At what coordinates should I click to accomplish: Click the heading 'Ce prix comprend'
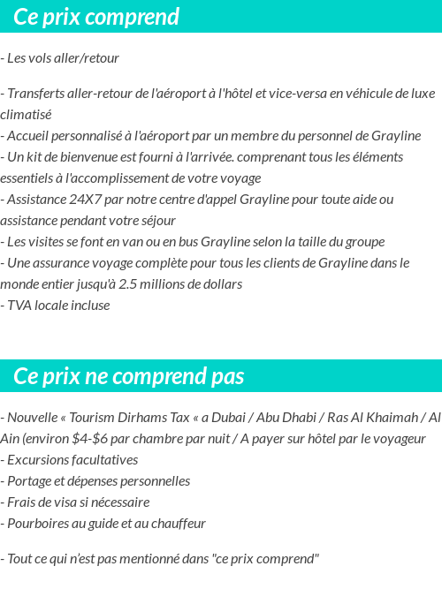click(96, 17)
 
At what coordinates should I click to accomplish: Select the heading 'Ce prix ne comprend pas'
click(129, 377)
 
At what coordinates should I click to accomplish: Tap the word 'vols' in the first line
click(41, 58)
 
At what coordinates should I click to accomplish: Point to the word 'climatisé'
click(26, 114)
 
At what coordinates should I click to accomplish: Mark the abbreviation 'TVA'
click(19, 306)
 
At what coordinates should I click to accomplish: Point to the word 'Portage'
click(30, 481)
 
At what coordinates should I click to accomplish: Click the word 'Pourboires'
click(38, 524)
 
